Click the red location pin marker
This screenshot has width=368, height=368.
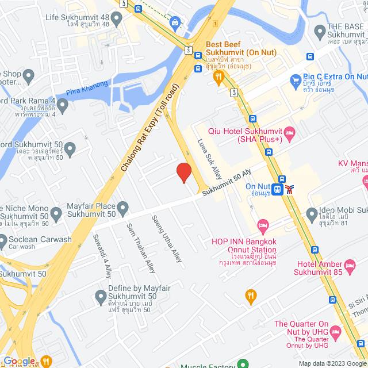click(183, 172)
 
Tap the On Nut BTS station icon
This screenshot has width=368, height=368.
click(278, 189)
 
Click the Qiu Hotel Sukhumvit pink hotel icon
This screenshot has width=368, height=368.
click(290, 135)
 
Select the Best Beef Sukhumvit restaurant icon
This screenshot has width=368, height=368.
click(218, 76)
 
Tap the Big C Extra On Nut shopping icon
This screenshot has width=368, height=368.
click(296, 80)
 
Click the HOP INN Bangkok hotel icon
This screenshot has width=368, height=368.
click(263, 224)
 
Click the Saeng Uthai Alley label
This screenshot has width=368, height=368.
click(166, 239)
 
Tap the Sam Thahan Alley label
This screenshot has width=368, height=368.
click(141, 247)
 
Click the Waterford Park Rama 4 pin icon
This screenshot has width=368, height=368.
click(62, 105)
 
